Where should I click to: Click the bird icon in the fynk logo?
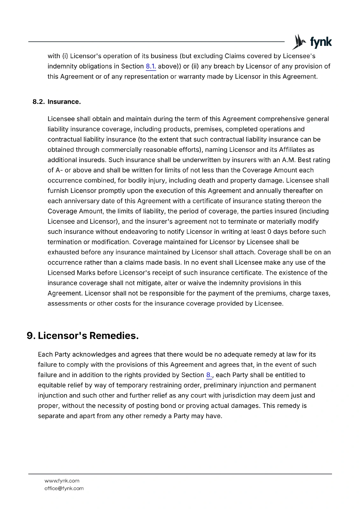299,42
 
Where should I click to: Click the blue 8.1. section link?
151,66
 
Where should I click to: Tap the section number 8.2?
39,102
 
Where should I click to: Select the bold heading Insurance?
64,102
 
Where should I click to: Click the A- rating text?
59,170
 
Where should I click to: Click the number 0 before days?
269,232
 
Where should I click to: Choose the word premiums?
281,293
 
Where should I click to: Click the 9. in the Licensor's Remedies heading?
31,336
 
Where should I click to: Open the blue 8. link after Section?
209,375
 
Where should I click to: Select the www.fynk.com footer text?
62,481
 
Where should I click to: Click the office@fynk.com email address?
64,488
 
